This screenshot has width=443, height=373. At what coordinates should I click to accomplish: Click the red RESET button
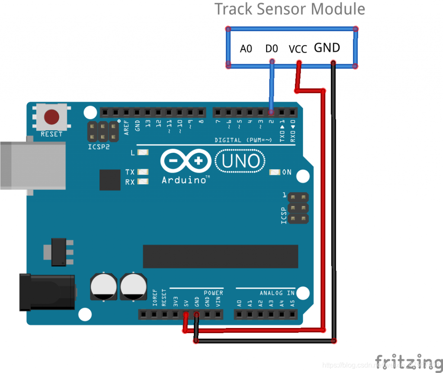pyautogui.click(x=51, y=116)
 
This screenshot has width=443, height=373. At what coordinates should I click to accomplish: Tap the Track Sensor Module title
pyautogui.click(x=290, y=9)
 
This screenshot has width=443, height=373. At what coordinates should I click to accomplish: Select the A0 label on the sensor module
pyautogui.click(x=246, y=49)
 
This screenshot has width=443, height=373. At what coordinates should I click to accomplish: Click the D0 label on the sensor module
pyautogui.click(x=271, y=49)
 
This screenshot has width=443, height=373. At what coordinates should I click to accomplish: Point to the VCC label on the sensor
pyautogui.click(x=298, y=49)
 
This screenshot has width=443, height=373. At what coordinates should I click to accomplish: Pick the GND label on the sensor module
pyautogui.click(x=327, y=48)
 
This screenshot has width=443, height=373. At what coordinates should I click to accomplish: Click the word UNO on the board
pyautogui.click(x=241, y=161)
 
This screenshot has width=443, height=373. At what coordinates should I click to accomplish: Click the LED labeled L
pyautogui.click(x=143, y=152)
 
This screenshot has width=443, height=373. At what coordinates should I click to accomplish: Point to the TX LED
pyautogui.click(x=143, y=172)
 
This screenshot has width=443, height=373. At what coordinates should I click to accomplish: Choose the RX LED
pyautogui.click(x=143, y=182)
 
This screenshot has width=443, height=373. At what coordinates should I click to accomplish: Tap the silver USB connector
pyautogui.click(x=32, y=165)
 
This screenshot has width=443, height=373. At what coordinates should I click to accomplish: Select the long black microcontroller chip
pyautogui.click(x=220, y=256)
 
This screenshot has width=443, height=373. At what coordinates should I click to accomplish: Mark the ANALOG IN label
pyautogui.click(x=277, y=293)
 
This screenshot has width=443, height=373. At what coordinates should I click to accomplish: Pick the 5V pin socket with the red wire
pyautogui.click(x=186, y=314)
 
